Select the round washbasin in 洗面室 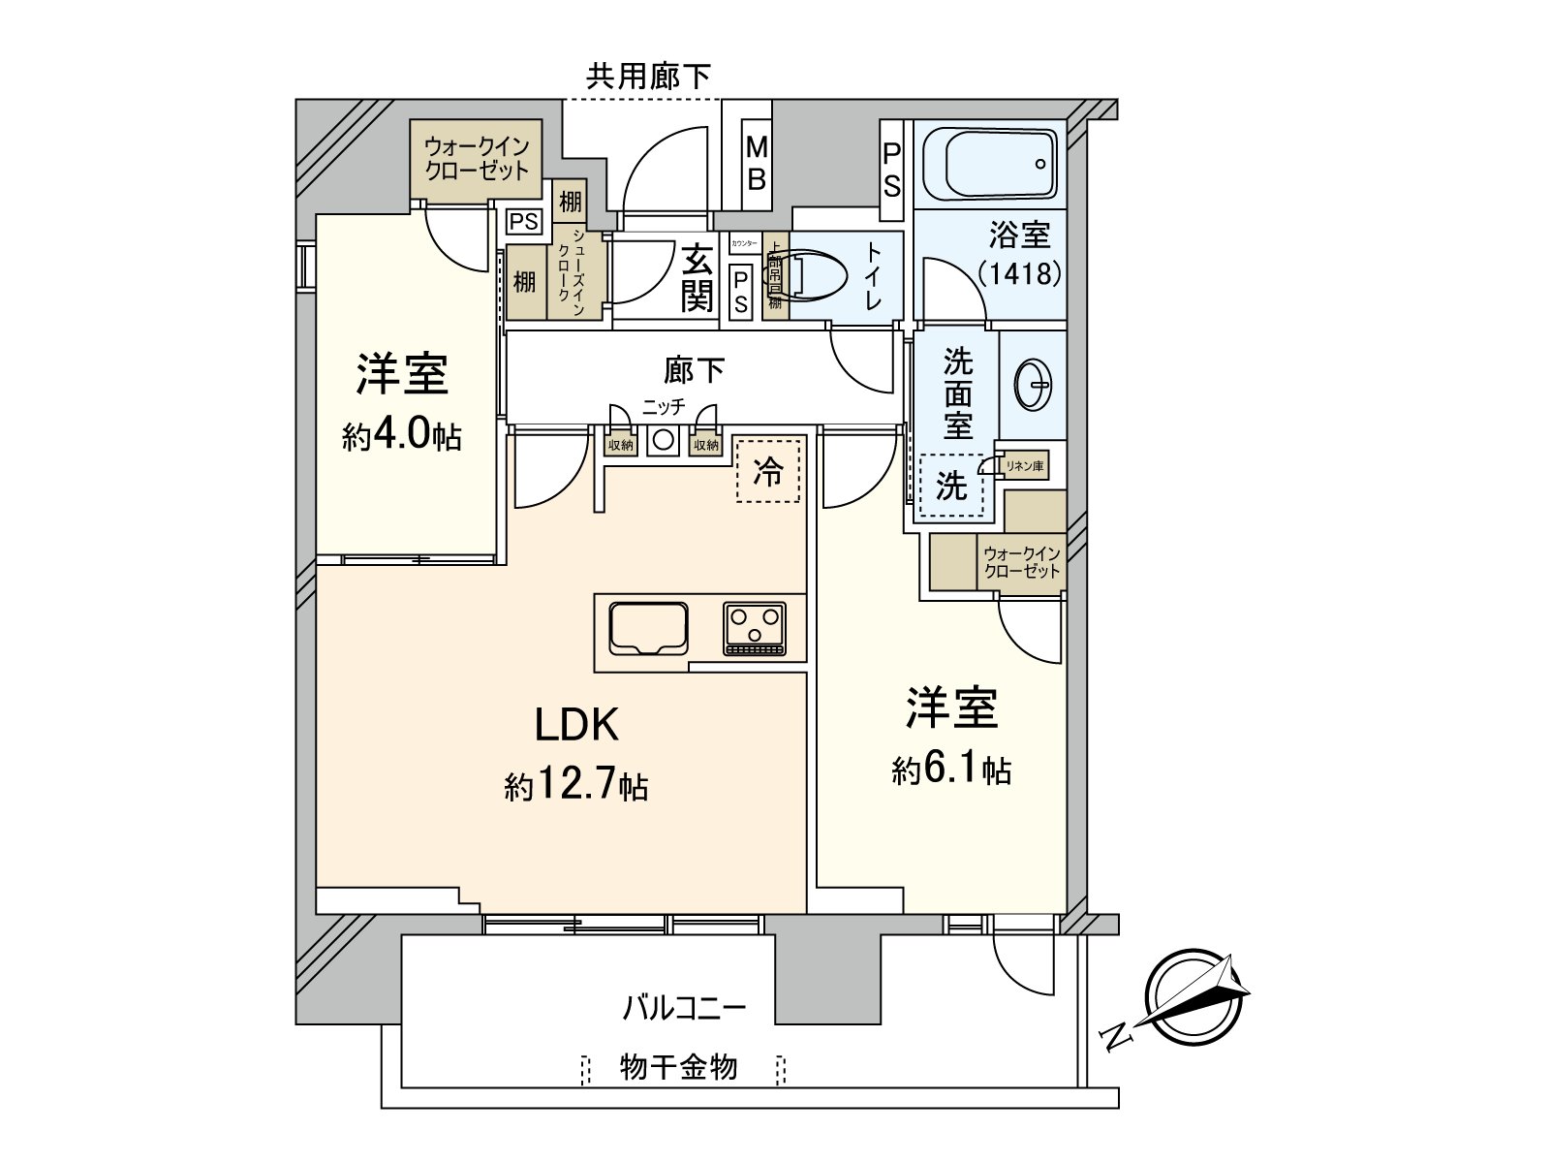point(1033,384)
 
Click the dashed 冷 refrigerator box point(768,470)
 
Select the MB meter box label point(757,163)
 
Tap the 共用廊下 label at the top point(648,76)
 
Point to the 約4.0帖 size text point(401,436)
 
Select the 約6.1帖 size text point(951,770)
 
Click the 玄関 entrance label point(696,279)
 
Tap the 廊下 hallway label point(694,370)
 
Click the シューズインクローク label point(571,272)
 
